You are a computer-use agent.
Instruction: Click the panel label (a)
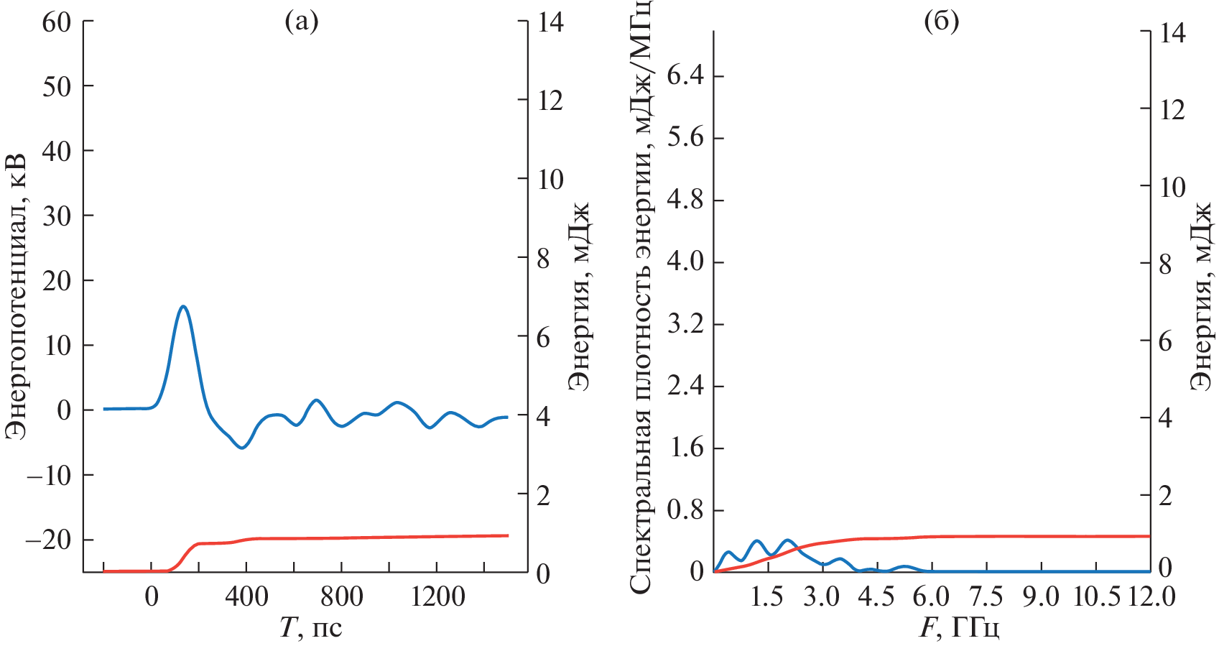[301, 22]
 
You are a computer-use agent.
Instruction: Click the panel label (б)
[941, 22]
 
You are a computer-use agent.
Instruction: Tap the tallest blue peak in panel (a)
[183, 306]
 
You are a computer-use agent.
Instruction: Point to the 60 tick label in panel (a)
[57, 22]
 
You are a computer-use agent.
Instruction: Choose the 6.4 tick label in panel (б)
[685, 76]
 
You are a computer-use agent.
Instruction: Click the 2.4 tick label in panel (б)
[685, 387]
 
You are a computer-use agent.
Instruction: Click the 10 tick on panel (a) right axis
[550, 180]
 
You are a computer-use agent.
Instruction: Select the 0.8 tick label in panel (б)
[685, 511]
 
